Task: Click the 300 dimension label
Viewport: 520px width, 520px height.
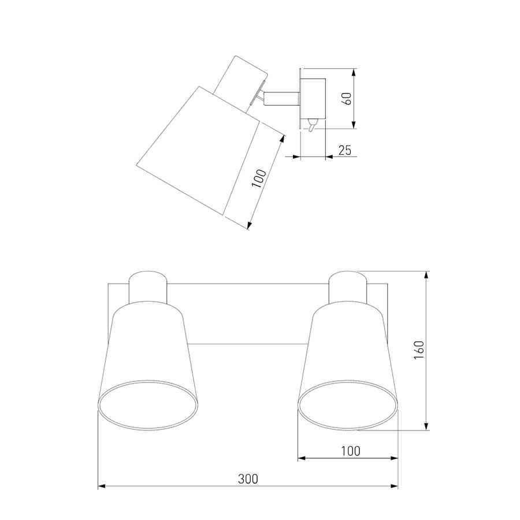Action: [248, 479]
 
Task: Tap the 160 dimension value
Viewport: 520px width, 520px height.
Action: [419, 350]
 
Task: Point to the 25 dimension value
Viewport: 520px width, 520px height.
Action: [344, 150]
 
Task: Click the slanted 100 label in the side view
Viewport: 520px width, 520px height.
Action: [259, 178]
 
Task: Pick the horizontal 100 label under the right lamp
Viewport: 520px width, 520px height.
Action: [351, 451]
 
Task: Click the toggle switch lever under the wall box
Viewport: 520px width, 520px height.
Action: [312, 125]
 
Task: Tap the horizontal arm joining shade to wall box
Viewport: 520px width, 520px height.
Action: [282, 99]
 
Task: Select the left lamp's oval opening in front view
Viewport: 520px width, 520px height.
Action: [148, 405]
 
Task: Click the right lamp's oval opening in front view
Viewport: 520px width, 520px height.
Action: [348, 405]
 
